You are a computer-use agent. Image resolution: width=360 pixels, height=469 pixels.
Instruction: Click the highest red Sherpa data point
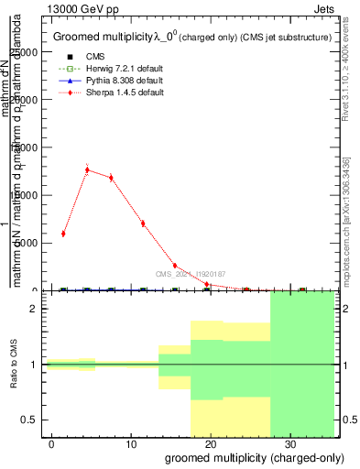[87, 169]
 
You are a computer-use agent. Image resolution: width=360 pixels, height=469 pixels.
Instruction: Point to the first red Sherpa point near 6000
[63, 234]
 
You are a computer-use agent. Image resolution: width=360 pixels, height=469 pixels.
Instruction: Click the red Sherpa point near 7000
[143, 224]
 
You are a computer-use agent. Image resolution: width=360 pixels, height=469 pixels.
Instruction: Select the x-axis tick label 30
[289, 442]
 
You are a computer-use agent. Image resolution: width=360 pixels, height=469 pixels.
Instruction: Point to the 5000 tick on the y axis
[27, 243]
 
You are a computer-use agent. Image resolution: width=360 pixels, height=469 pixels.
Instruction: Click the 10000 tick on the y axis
[24, 195]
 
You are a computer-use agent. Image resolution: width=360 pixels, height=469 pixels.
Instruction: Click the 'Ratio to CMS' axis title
[12, 365]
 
